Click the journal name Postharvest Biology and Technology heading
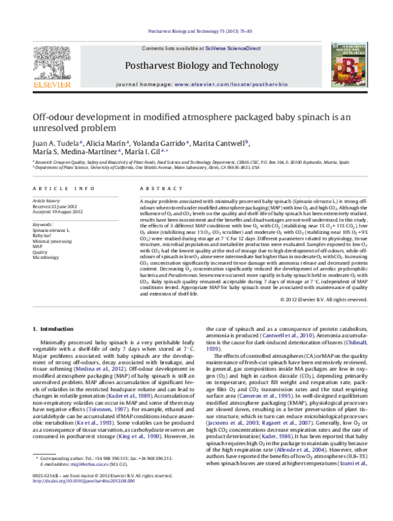point(195,66)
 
